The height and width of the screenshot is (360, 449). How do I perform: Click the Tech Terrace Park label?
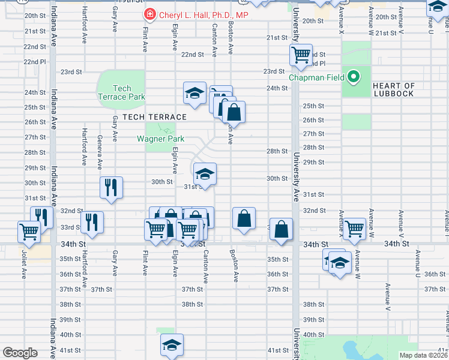coord(121,92)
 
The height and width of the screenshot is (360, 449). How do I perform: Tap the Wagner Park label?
coord(160,139)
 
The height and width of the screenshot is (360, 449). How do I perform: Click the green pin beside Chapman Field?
coord(354,77)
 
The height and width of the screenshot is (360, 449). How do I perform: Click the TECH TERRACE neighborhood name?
coord(155,117)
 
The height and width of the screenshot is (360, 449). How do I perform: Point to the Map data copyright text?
coord(423,355)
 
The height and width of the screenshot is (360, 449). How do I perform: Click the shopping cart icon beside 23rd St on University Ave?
coord(301,55)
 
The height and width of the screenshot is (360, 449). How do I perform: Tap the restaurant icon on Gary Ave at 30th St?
coord(112,187)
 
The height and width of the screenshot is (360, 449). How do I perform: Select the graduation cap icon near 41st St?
coord(172,344)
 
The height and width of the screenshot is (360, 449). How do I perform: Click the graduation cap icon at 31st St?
coord(205,174)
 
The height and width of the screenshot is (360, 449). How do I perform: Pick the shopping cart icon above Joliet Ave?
coord(29,231)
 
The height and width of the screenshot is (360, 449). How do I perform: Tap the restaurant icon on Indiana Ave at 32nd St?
coord(42,217)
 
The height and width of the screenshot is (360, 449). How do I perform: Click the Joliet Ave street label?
coord(25,265)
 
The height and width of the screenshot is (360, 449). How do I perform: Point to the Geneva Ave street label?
coord(99,152)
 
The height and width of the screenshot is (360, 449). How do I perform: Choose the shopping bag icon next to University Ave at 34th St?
coord(281,229)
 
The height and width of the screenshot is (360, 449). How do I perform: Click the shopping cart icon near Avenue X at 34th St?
coord(354,228)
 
